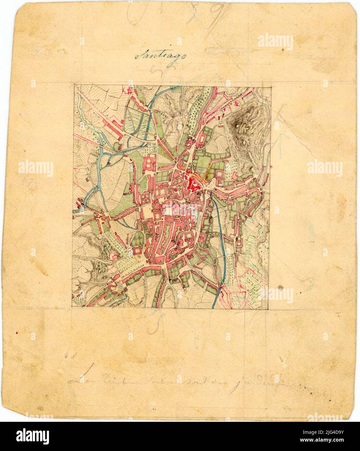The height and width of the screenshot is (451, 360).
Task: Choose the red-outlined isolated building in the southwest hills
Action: click(114, 257)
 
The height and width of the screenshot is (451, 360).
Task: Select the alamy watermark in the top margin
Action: click(275, 42)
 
